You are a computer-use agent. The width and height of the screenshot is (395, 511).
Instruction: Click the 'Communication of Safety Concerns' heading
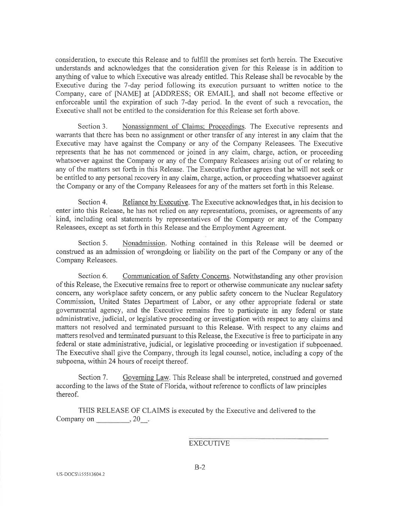click(176, 276)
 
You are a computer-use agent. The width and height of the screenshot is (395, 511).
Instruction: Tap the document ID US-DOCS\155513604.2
click(80, 474)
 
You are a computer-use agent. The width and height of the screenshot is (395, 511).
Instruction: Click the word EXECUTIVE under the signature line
click(209, 444)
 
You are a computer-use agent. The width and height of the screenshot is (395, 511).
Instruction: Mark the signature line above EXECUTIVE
click(258, 438)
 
